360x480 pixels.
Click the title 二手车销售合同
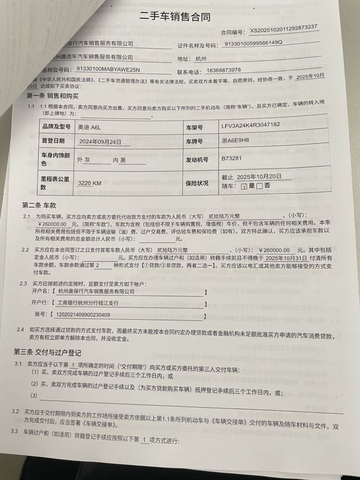(x=175, y=17)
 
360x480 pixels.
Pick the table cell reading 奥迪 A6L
(x=88, y=127)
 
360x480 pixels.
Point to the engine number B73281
(x=231, y=159)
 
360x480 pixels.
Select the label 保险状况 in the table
(x=197, y=183)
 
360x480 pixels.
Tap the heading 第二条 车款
(x=39, y=205)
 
